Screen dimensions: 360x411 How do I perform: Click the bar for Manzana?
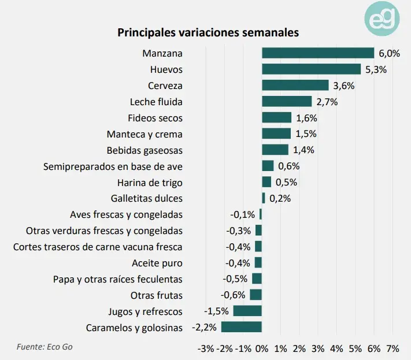pyautogui.click(x=318, y=53)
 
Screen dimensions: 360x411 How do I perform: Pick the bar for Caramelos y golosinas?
pyautogui.click(x=241, y=328)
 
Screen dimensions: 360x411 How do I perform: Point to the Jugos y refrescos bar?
pyautogui.click(x=247, y=311)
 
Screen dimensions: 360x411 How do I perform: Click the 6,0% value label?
pyautogui.click(x=389, y=53)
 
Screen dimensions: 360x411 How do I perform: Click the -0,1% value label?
pyautogui.click(x=243, y=214)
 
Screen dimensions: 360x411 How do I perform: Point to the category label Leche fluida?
pyautogui.click(x=156, y=102)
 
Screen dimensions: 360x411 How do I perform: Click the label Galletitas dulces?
pyautogui.click(x=148, y=198)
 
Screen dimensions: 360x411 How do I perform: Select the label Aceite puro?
pyautogui.click(x=157, y=263)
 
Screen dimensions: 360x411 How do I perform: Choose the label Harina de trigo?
pyautogui.click(x=150, y=183)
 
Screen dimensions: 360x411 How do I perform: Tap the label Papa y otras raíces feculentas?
pyautogui.click(x=117, y=279)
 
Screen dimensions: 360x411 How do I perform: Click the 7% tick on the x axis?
pyautogui.click(x=393, y=348)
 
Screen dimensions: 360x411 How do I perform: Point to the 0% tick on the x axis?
pyautogui.click(x=261, y=348)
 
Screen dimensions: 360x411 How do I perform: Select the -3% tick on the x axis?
pyautogui.click(x=205, y=348)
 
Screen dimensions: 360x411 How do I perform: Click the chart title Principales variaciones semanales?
pyautogui.click(x=208, y=32)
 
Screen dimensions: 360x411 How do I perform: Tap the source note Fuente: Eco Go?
pyautogui.click(x=45, y=347)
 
